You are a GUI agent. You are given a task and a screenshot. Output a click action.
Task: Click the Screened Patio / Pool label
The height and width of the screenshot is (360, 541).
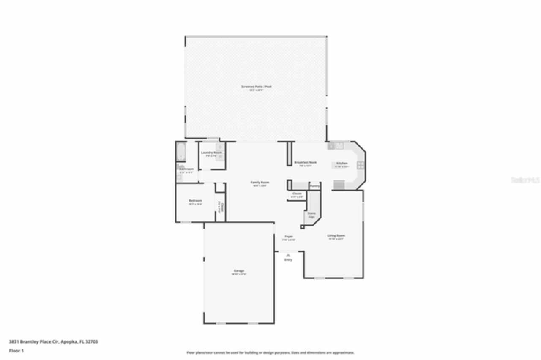(x=256, y=87)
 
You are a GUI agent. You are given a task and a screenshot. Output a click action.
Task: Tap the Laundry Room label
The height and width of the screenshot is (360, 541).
(x=211, y=153)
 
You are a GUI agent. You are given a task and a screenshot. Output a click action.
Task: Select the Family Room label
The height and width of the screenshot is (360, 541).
(x=260, y=183)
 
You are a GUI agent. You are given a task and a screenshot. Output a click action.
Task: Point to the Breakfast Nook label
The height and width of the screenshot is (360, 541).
(x=305, y=162)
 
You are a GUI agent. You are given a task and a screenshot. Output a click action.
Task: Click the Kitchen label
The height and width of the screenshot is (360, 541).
(x=342, y=164)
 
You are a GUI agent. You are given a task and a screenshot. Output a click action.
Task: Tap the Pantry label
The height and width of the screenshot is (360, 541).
(x=314, y=186)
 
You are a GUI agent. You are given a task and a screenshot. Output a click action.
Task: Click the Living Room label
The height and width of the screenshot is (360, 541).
(x=336, y=235)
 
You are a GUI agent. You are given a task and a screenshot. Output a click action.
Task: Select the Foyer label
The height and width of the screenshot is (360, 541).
(x=289, y=237)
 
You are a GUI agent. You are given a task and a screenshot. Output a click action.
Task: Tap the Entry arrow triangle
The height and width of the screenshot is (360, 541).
(x=288, y=255)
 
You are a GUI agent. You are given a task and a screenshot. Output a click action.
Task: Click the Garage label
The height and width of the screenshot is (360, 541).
(x=239, y=271)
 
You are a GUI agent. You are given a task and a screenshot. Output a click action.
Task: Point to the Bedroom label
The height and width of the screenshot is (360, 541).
(x=195, y=201)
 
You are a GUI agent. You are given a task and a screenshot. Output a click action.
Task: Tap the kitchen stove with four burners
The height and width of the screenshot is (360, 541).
(x=361, y=165)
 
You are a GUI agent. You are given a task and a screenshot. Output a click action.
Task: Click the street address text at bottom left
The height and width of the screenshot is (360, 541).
(x=53, y=341)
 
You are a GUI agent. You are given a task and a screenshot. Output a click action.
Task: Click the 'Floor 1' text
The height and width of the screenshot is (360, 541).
(x=16, y=351)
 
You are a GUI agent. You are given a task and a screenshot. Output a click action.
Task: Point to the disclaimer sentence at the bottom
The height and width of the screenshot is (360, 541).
(x=270, y=352)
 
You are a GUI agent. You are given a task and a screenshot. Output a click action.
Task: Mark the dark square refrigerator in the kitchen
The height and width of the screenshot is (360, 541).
(x=339, y=185)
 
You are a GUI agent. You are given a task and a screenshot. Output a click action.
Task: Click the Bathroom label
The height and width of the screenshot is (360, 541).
(x=186, y=169)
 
